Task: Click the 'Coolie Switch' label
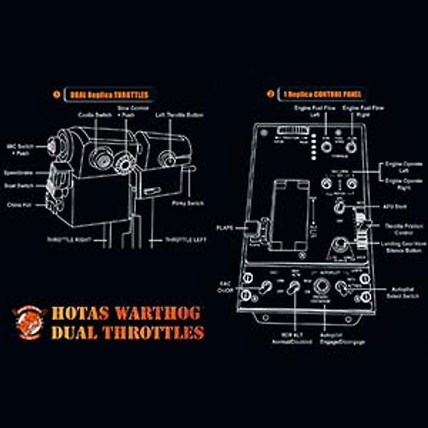click(x=95, y=115)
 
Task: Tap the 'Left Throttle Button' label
click(x=179, y=115)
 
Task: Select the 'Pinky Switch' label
click(x=188, y=203)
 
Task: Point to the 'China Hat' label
click(x=19, y=205)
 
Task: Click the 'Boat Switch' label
click(x=19, y=186)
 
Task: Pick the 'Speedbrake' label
click(x=18, y=173)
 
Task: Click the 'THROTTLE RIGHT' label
click(x=70, y=240)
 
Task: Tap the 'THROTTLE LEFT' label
click(x=185, y=240)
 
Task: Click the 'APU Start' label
click(x=395, y=207)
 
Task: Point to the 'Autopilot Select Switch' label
click(x=402, y=293)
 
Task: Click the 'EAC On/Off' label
click(x=225, y=287)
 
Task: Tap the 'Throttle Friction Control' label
click(x=404, y=229)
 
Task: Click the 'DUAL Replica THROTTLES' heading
click(x=109, y=95)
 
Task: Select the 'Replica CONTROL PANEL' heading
click(x=322, y=95)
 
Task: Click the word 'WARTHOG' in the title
click(x=158, y=314)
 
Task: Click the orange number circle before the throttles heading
click(x=56, y=95)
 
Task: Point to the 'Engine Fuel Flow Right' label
click(x=363, y=111)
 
